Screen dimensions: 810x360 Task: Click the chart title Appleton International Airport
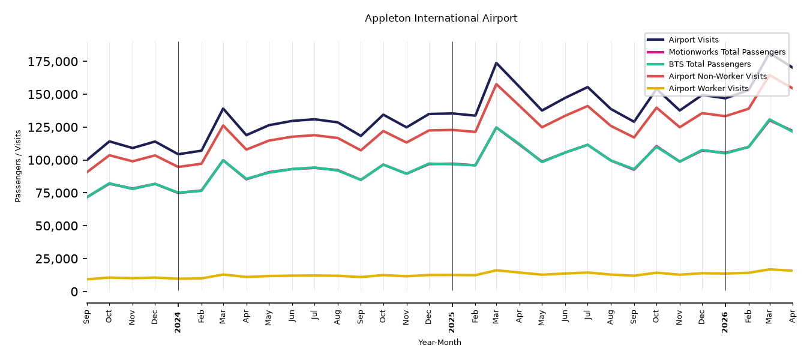pos(441,18)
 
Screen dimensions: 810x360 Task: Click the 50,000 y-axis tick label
pos(56,226)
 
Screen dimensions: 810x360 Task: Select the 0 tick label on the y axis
pos(74,292)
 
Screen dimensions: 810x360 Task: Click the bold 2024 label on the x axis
pos(178,322)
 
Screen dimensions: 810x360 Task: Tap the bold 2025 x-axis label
pos(452,322)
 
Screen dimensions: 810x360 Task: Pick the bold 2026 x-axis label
pos(725,322)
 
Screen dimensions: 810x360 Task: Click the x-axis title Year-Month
pos(440,342)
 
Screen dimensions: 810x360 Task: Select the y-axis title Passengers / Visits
pos(18,166)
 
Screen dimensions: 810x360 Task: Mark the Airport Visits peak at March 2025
pos(496,63)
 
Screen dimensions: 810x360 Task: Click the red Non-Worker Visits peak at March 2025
pos(496,84)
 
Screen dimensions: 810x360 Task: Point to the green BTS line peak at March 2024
pos(223,160)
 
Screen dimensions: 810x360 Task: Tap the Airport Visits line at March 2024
pos(223,109)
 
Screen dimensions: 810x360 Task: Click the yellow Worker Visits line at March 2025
pos(496,270)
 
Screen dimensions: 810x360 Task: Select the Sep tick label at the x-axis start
pos(86,317)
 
